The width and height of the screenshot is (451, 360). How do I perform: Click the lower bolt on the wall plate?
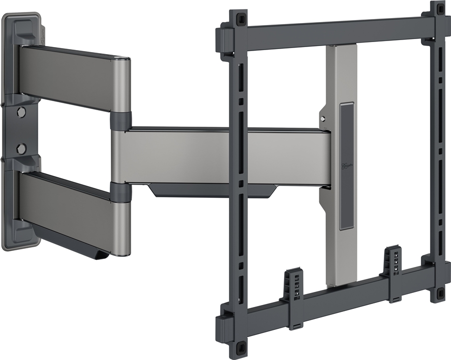[x=21, y=148]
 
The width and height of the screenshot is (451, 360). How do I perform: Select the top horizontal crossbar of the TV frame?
[x=336, y=33]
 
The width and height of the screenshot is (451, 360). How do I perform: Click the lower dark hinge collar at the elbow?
[x=119, y=191]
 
